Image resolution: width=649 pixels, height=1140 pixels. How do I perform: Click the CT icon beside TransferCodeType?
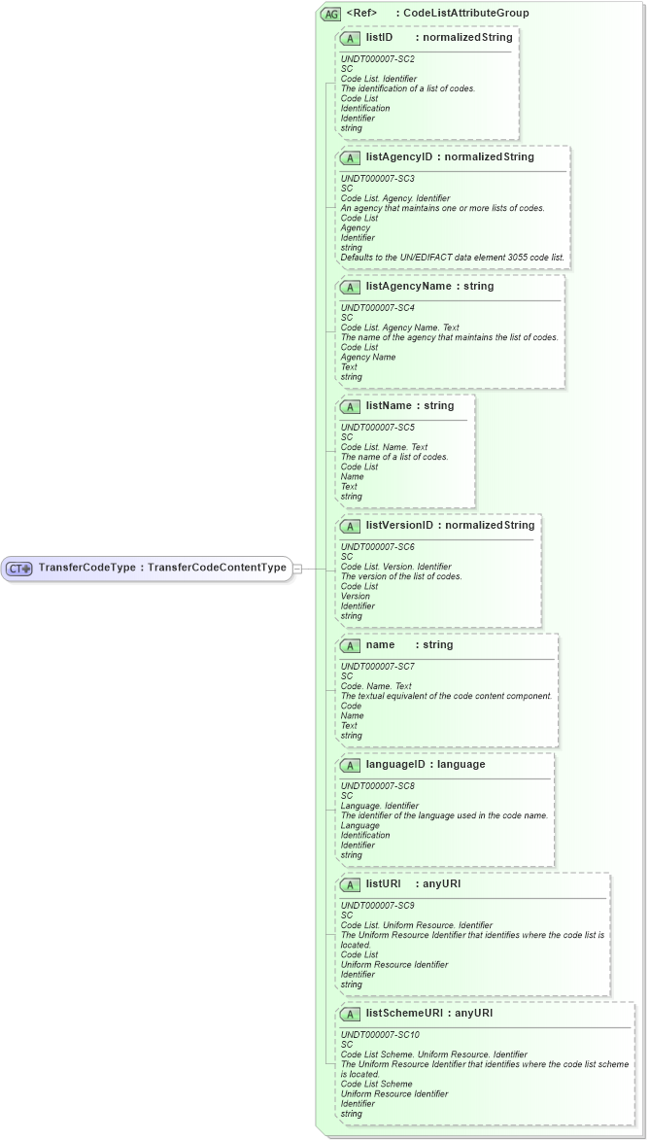pos(20,568)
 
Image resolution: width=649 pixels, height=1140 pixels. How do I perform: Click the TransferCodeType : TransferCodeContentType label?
pos(162,568)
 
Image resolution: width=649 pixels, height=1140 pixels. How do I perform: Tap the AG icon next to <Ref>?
pos(330,14)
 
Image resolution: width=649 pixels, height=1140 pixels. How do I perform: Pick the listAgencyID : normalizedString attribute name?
pos(450,156)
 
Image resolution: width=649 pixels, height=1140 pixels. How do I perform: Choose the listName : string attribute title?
pos(410,406)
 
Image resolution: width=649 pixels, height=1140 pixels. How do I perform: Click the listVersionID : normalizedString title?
pos(450,526)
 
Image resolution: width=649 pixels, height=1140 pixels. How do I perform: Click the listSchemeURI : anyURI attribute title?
pos(428,1014)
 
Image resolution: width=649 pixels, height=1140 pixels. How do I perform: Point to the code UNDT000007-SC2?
pos(378,59)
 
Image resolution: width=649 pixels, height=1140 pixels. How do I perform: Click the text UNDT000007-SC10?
pos(381,1035)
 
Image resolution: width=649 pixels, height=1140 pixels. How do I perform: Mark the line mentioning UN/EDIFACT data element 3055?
pos(453,257)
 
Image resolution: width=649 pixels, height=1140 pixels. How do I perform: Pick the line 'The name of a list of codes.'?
pos(394,457)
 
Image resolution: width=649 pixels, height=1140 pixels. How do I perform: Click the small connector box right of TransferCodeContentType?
pos(297,568)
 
